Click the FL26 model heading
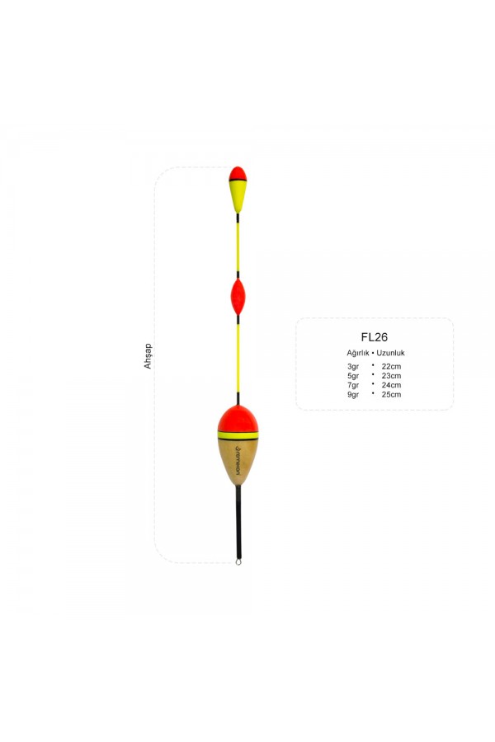[375, 337]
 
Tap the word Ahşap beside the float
[148, 355]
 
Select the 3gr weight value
[353, 366]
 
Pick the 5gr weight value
[353, 375]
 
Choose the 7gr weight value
[353, 385]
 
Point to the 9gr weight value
[353, 394]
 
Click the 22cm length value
[391, 366]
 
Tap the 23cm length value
[391, 375]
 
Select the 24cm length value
[391, 385]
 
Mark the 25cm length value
[391, 394]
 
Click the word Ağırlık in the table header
[360, 353]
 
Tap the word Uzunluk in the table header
[390, 353]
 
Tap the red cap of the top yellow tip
[238, 173]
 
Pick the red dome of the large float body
[238, 419]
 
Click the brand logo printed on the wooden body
[238, 460]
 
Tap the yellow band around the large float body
[238, 434]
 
